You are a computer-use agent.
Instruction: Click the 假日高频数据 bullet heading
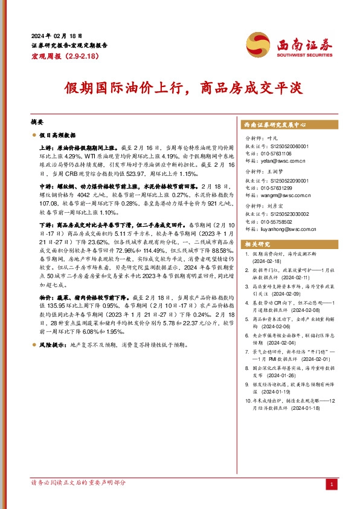point(57,136)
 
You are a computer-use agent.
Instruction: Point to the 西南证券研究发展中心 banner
point(275,124)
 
